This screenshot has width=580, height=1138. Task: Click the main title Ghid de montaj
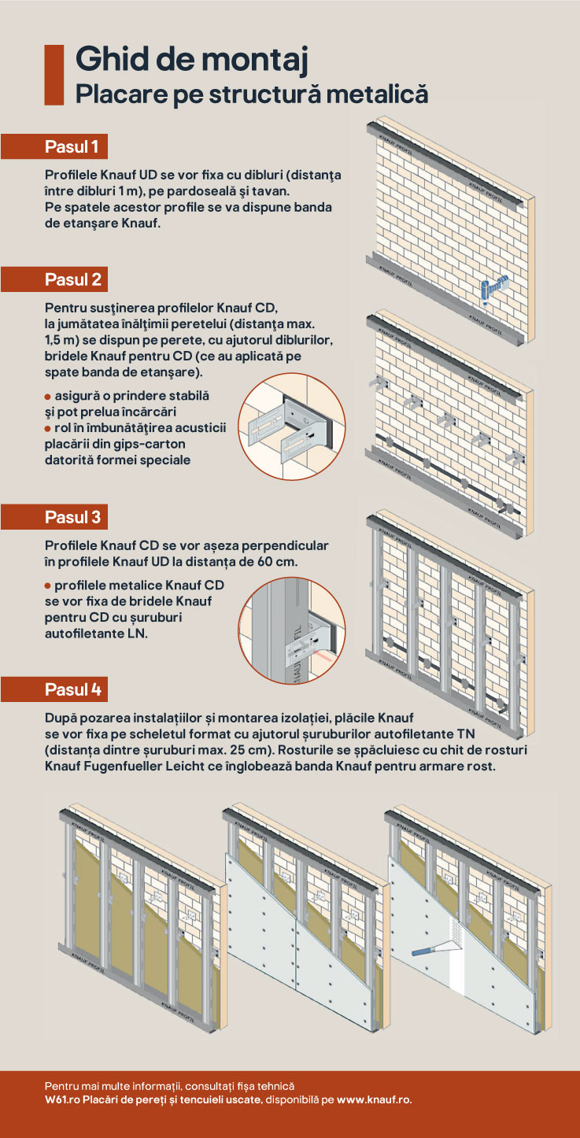pos(191,61)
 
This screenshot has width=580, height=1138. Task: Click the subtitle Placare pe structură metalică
pos(251,94)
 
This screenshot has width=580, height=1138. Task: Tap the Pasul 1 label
pos(72,146)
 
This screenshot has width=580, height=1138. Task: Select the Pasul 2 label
pos(72,279)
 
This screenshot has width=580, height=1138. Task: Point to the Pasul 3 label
pos(72,517)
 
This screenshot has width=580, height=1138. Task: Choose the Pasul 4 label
pos(72,689)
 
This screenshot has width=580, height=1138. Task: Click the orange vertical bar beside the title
pos(54,75)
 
